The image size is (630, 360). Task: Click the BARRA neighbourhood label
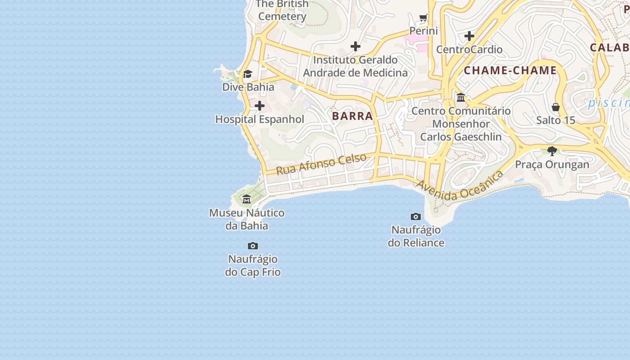352,116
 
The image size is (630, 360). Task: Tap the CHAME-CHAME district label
510,70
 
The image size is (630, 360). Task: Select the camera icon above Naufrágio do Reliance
416,216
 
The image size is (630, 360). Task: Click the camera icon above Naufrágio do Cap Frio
253,246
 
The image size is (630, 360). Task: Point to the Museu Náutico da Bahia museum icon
247,199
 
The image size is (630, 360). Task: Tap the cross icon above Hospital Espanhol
260,106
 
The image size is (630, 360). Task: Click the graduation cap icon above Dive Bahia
248,74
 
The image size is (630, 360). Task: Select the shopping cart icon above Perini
423,18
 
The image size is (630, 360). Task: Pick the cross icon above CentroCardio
469,36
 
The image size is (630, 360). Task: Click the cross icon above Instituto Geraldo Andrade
355,46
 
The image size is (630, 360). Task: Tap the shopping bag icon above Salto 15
556,107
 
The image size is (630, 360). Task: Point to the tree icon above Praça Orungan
552,151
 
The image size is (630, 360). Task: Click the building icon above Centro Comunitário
461,98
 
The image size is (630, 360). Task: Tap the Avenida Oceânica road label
459,185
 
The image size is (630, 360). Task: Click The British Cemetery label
282,10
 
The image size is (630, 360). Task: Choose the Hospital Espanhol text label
260,119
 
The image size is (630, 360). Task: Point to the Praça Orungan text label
552,164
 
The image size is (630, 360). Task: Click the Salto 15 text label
556,120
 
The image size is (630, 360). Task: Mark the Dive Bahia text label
248,87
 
